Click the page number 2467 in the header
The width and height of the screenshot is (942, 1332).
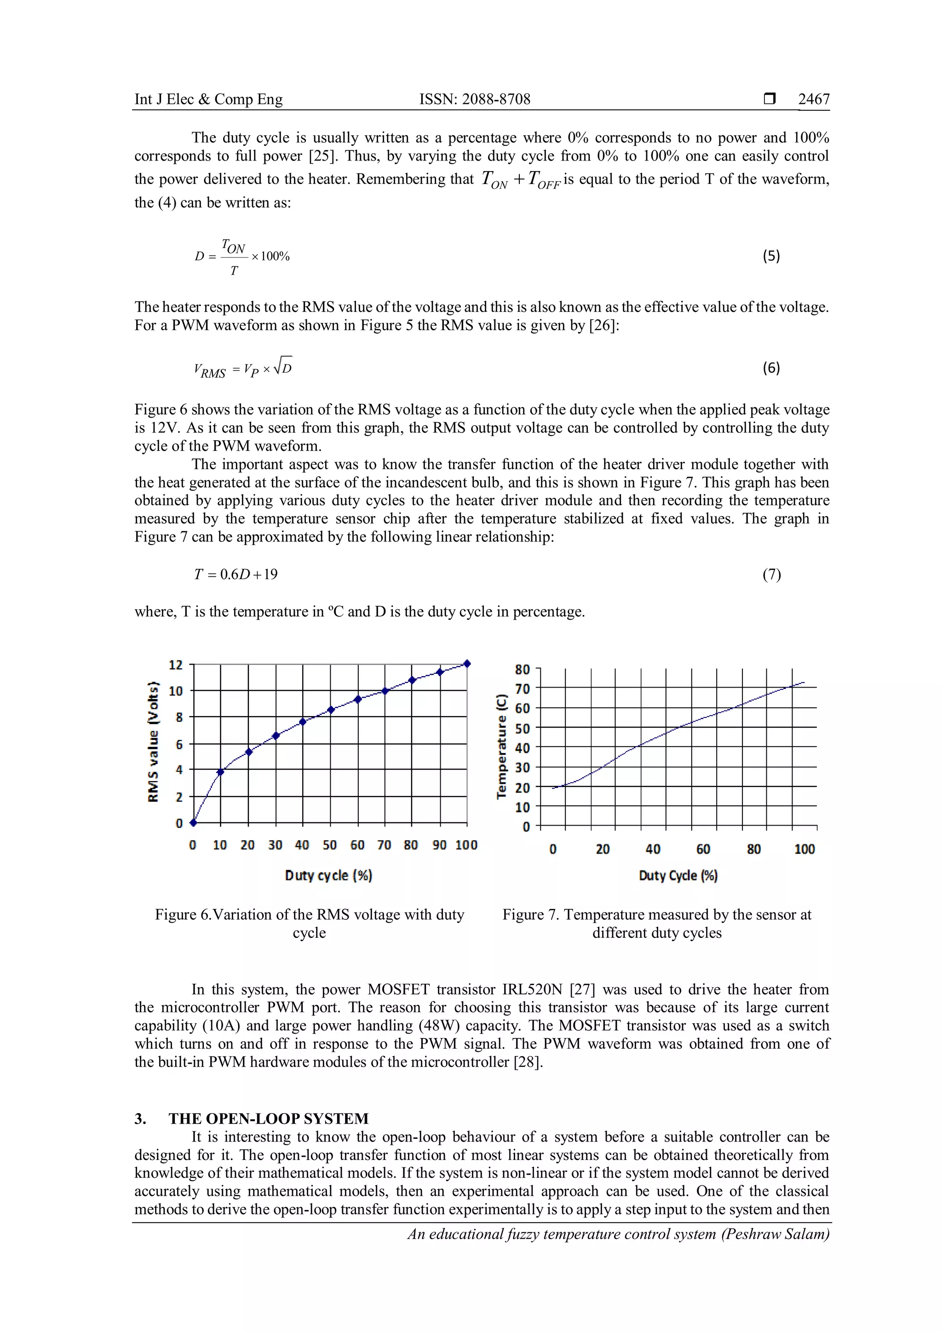(x=813, y=99)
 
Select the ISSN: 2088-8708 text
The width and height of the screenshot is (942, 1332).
(x=475, y=99)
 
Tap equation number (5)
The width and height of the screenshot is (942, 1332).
(x=771, y=256)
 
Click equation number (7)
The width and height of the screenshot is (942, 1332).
(x=771, y=574)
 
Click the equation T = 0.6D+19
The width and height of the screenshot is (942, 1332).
(x=235, y=574)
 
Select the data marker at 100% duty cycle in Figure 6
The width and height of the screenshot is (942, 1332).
(x=467, y=664)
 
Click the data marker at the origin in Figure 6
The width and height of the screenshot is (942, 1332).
(x=194, y=823)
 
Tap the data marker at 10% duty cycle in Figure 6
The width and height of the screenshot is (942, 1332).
(x=220, y=772)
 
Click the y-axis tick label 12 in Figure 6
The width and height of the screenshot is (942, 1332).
(x=175, y=665)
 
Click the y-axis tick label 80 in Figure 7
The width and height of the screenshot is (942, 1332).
(x=522, y=670)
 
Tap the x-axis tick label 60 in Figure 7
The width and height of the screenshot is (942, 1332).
(x=703, y=850)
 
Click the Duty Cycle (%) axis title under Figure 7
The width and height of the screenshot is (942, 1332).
(x=678, y=875)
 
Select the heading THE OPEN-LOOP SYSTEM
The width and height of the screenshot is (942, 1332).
(x=268, y=1119)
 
